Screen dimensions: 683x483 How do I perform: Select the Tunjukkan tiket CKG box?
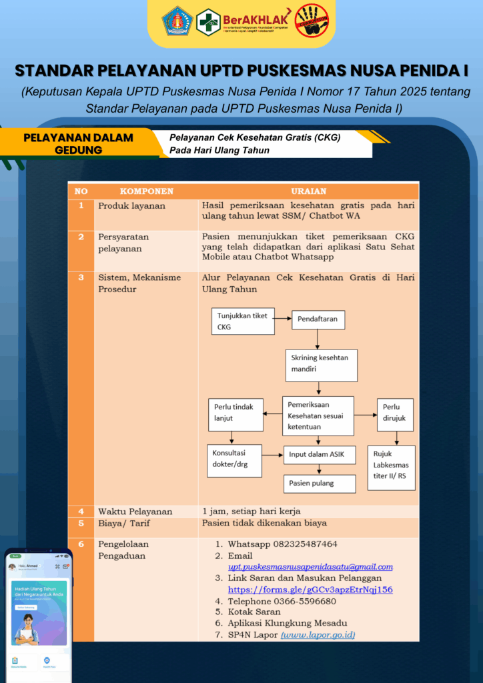pyautogui.click(x=243, y=321)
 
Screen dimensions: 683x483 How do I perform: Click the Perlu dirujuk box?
pyautogui.click(x=395, y=415)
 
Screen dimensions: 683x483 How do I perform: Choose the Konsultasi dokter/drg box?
pyautogui.click(x=233, y=459)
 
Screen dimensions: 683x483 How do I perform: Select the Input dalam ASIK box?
pyautogui.click(x=319, y=455)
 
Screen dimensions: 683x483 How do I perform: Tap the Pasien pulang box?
pyautogui.click(x=319, y=483)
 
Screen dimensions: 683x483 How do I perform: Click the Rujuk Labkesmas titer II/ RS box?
pyautogui.click(x=391, y=468)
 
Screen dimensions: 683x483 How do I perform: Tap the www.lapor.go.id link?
pyautogui.click(x=318, y=635)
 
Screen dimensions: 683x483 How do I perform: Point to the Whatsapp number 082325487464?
pyautogui.click(x=282, y=544)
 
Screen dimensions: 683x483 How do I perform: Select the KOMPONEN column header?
pyautogui.click(x=146, y=191)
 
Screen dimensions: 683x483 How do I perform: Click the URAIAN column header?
pyautogui.click(x=309, y=191)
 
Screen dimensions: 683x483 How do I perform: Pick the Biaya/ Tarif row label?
pyautogui.click(x=124, y=524)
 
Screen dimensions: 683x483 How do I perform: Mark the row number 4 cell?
pyautogui.click(x=81, y=512)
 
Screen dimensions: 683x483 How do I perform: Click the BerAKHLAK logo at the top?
pyautogui.click(x=258, y=21)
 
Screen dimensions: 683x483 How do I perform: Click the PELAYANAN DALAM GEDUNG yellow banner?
pyautogui.click(x=78, y=143)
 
